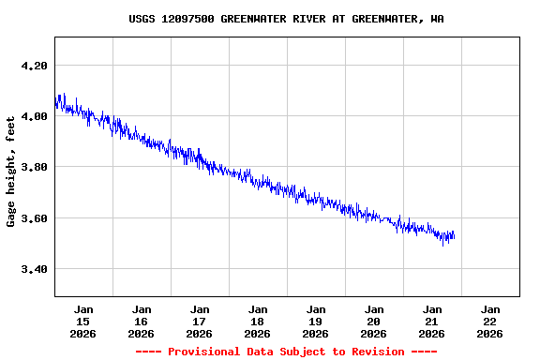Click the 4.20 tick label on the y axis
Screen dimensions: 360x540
coord(34,66)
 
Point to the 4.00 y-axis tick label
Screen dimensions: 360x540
coord(34,116)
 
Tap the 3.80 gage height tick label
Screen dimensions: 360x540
coord(34,167)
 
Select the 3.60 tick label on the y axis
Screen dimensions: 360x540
coord(34,218)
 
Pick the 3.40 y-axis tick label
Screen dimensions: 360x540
coord(34,269)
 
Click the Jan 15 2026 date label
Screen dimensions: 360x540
coord(83,321)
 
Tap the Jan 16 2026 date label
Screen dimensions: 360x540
coord(142,321)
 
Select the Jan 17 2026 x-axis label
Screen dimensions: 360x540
coord(200,321)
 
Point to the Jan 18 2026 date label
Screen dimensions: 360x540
coord(258,321)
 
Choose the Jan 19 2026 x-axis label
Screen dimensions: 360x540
coord(316,321)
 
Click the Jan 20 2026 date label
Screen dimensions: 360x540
coord(374,321)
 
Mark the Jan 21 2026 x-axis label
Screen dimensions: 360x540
coord(432,321)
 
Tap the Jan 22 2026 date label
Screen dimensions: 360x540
coord(490,321)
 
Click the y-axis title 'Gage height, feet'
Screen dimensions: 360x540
coord(11,171)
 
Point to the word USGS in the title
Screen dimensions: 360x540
coord(142,19)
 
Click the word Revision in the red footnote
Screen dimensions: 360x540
coord(374,352)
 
